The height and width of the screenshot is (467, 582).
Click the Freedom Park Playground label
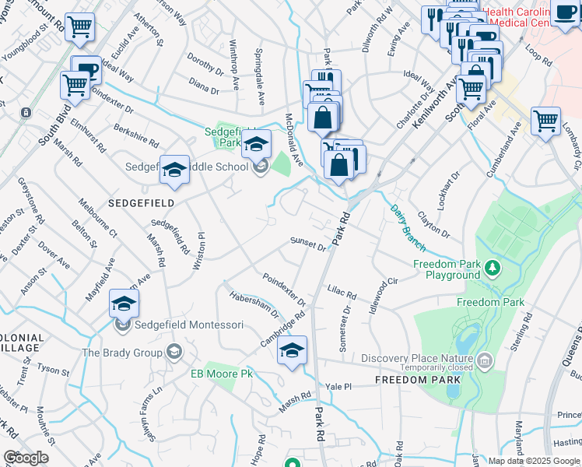[x=446, y=269]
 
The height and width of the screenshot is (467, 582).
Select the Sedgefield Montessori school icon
[x=124, y=304]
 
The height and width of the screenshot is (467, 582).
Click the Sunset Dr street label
[x=308, y=244]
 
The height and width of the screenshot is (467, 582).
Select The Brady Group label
[x=123, y=353]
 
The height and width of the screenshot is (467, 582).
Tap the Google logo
[x=26, y=457]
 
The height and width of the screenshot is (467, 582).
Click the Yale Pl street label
[x=339, y=386]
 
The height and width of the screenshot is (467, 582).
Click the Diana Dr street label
[x=204, y=86]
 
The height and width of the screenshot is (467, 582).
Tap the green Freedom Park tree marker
[x=492, y=269]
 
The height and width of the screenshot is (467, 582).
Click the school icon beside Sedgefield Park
[x=256, y=145]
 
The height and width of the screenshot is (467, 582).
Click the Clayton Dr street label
[x=434, y=222]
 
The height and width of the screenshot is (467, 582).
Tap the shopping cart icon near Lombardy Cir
[x=545, y=121]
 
